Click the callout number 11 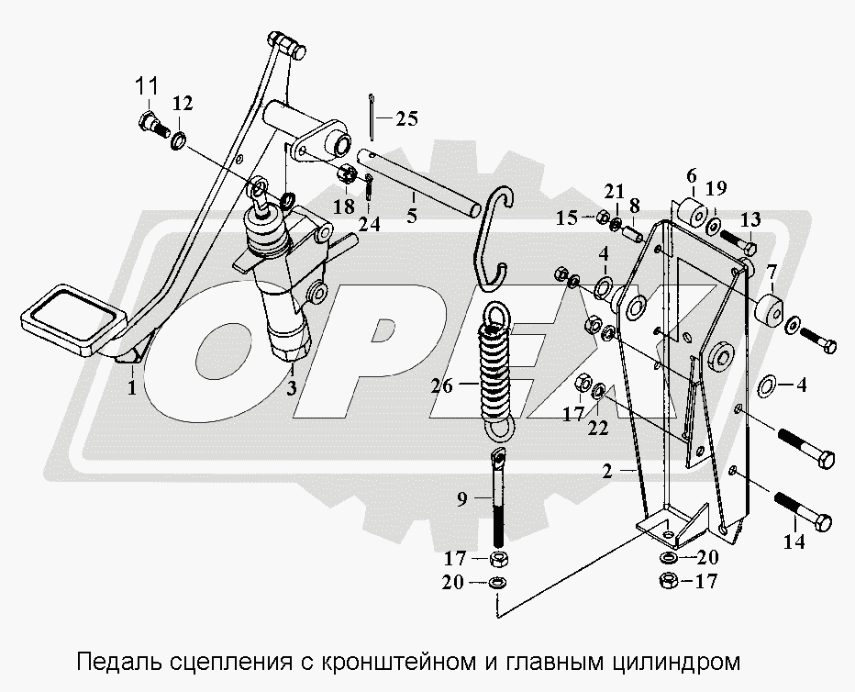(146, 87)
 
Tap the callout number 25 (406, 118)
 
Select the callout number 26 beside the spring (441, 386)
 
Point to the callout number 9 (461, 499)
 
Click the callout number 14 (794, 541)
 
